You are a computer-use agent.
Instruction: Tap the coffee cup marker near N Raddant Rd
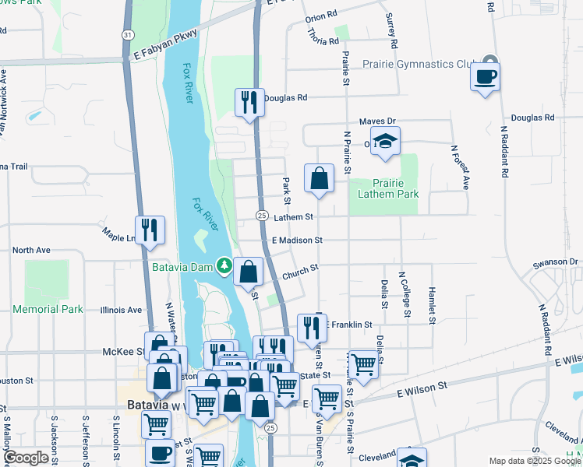(485, 77)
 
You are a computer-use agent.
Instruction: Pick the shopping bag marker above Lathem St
(320, 178)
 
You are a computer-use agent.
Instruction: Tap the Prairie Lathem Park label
(383, 188)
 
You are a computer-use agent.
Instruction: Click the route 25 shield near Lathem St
(262, 216)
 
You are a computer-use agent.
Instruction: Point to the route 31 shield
(127, 35)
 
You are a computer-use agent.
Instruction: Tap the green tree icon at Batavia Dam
(224, 267)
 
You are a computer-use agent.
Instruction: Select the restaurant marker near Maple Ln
(150, 230)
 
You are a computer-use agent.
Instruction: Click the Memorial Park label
(48, 309)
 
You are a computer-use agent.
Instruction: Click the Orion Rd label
(321, 15)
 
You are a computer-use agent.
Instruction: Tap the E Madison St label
(297, 241)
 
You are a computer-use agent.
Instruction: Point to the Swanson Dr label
(556, 262)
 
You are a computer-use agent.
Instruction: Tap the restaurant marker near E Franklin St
(313, 328)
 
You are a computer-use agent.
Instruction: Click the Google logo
(26, 458)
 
